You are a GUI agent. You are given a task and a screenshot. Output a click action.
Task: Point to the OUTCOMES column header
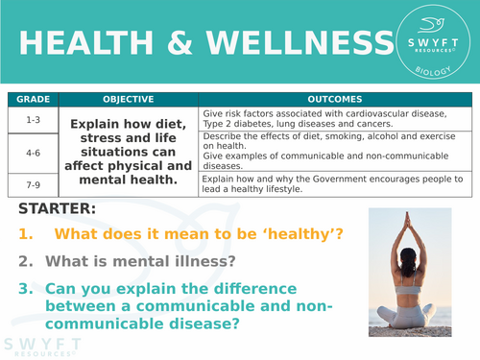click(x=334, y=99)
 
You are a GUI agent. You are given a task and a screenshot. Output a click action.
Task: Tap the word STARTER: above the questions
click(x=57, y=208)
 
